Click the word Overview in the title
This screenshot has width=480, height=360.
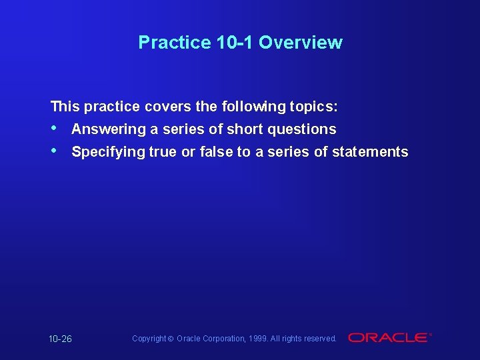[300, 43]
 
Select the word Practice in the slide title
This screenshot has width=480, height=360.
[175, 43]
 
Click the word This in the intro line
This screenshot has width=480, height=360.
[65, 106]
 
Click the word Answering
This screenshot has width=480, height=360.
[108, 129]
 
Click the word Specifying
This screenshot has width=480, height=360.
[108, 152]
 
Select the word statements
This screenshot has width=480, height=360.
[370, 151]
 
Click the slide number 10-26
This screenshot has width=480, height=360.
[60, 339]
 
